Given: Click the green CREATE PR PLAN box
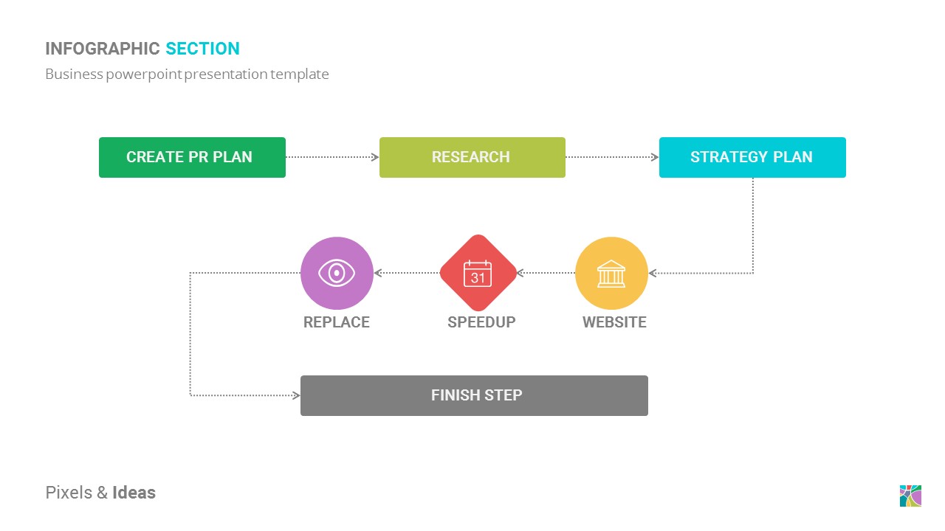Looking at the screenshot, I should tap(192, 157).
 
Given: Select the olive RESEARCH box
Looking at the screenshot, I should tap(472, 157).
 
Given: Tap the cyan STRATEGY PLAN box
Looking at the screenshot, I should tap(752, 157).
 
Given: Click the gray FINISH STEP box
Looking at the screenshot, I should tap(474, 395).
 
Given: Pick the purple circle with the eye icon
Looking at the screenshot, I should tap(337, 273).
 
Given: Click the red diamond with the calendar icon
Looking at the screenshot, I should tap(478, 273).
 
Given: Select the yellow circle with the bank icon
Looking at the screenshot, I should tap(611, 273).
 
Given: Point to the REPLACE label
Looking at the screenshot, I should tap(337, 322).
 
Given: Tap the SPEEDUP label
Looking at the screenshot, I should tap(481, 322).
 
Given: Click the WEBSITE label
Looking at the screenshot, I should tap(614, 322).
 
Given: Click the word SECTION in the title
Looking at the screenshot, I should tap(202, 49).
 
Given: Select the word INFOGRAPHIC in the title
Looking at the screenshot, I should tap(103, 49).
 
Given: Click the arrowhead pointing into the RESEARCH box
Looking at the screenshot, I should tap(375, 157).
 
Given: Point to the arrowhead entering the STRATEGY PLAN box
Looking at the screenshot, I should tap(655, 157).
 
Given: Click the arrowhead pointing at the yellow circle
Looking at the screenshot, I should tap(653, 274).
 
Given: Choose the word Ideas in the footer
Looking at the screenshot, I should tap(134, 493).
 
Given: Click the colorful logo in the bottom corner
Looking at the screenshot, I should tap(910, 496).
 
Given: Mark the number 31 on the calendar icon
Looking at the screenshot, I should tap(478, 278).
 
